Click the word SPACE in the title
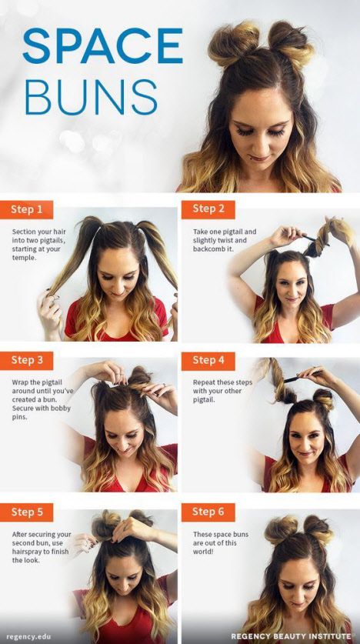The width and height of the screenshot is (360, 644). coord(102,45)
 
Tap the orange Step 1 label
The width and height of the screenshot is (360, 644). coord(27,209)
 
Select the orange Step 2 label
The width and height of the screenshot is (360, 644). coord(208,209)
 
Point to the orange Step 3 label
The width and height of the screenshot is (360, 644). coord(27,361)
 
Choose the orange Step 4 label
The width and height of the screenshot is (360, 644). coord(208,361)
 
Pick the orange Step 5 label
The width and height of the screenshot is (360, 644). coord(27,512)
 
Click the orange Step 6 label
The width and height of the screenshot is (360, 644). coord(208,512)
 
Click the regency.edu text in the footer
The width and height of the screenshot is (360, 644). coord(28,636)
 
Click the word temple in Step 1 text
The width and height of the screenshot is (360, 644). coord(23,257)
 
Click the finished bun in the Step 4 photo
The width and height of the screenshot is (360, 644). coord(325,399)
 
